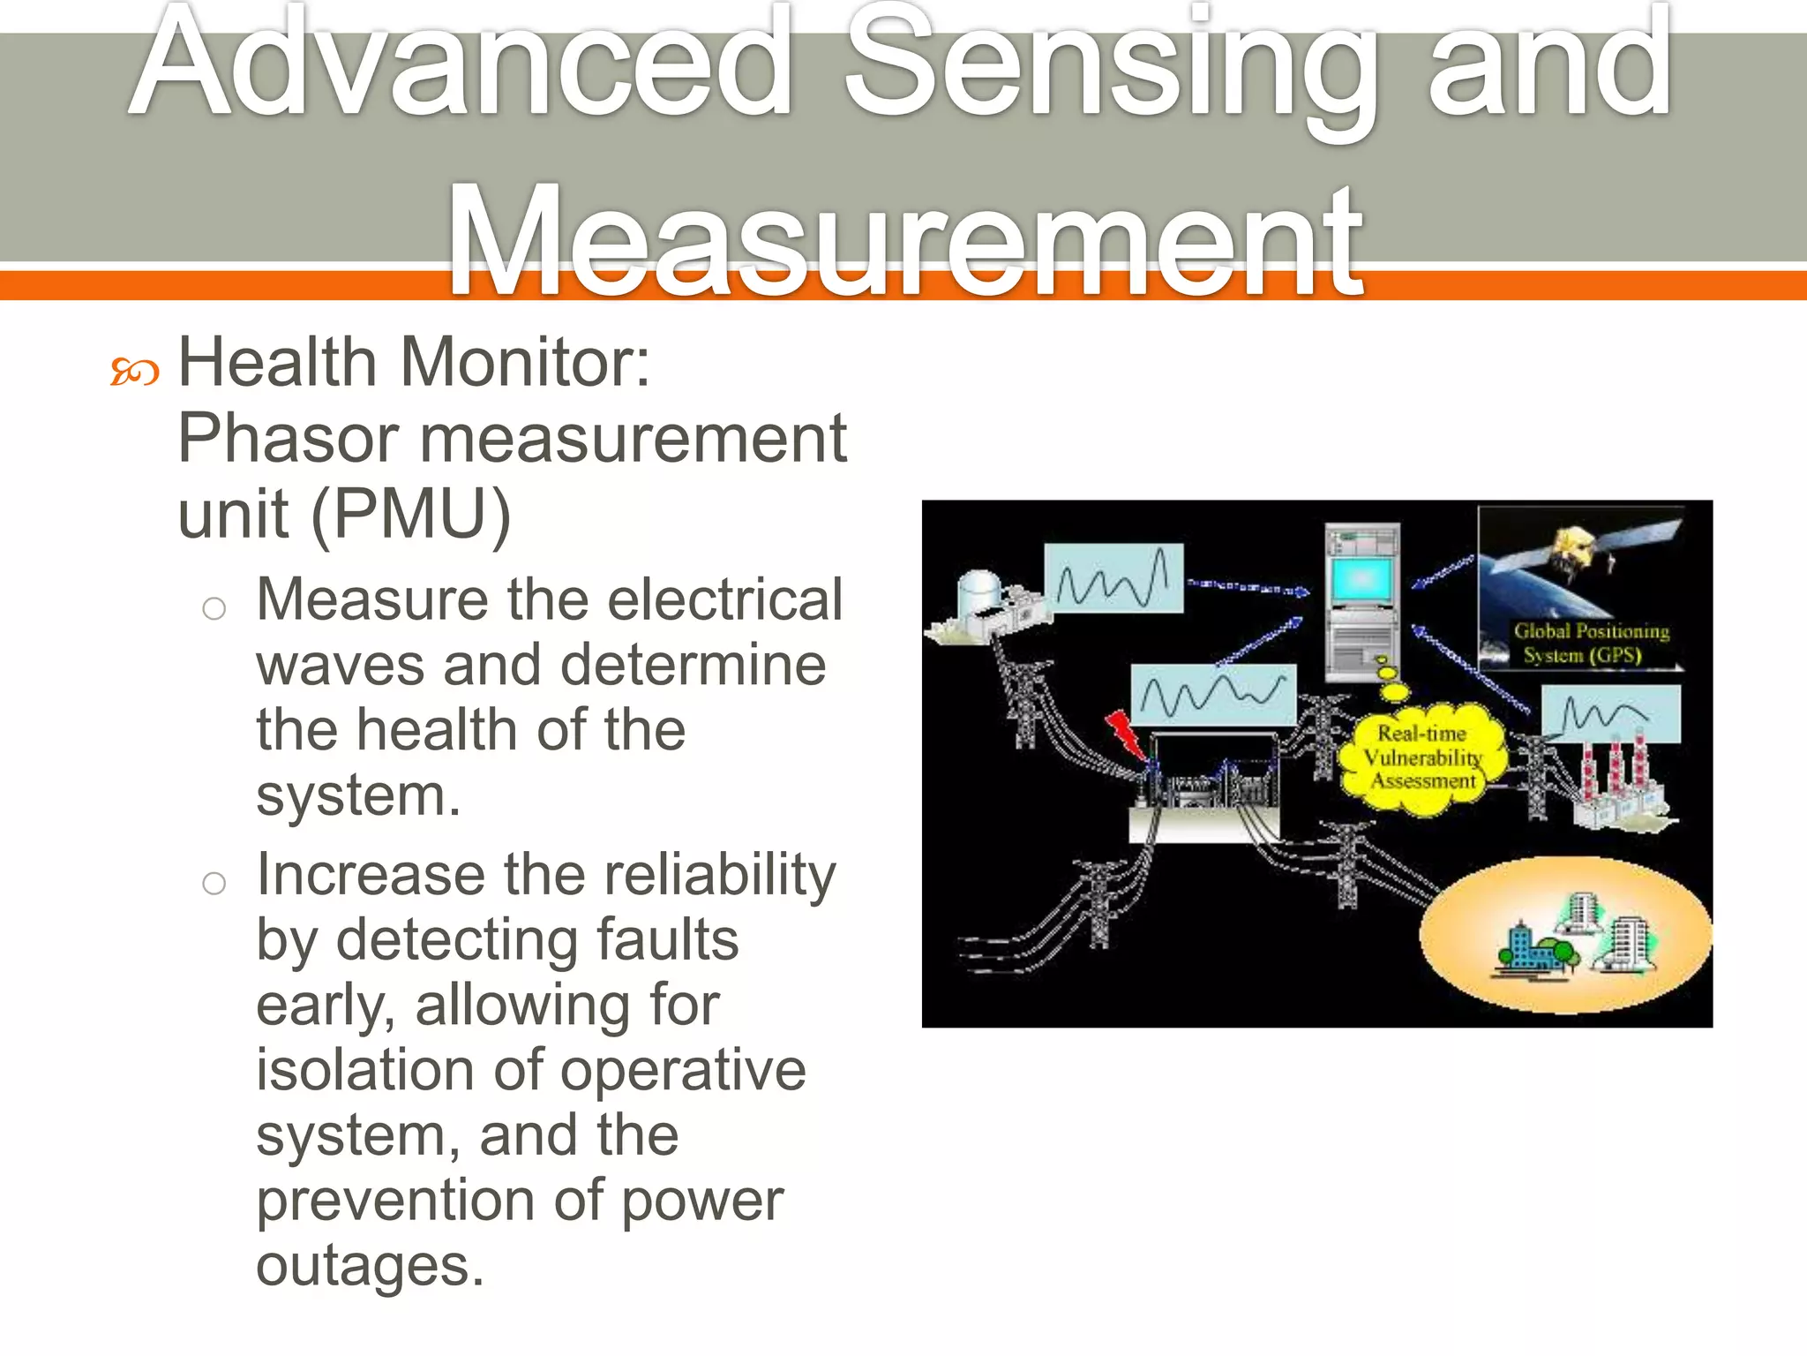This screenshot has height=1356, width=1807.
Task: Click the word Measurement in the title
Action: pos(905,240)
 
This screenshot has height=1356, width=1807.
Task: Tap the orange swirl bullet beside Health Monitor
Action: pos(134,373)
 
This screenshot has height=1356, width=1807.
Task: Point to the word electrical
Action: pos(724,600)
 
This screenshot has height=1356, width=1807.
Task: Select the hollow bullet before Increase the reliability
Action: pos(214,882)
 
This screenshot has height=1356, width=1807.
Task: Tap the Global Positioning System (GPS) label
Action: pos(1590,644)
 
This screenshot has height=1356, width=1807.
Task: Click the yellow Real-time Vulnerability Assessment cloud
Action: pos(1422,758)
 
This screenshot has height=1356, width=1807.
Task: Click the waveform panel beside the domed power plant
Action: pos(1113,578)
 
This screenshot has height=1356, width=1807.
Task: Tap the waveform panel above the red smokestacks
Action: pos(1610,714)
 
